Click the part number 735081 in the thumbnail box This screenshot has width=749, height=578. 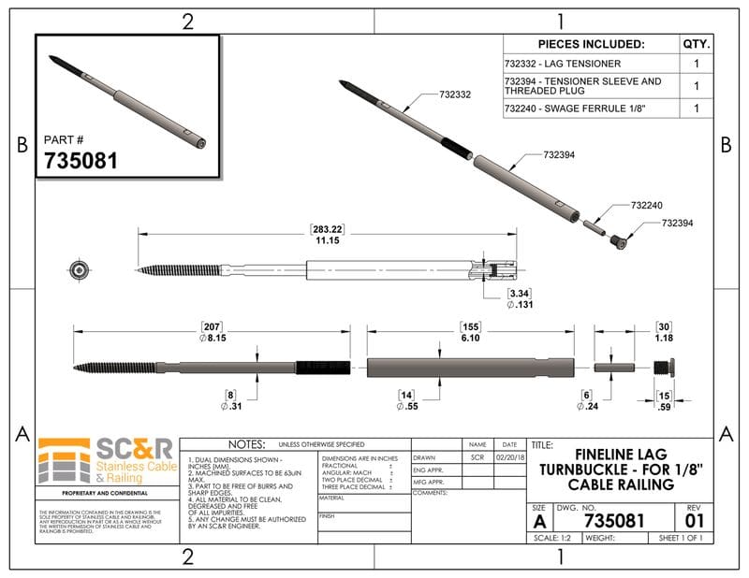click(x=81, y=160)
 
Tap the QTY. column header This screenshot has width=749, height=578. click(x=697, y=44)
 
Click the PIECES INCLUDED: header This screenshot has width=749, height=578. click(x=591, y=44)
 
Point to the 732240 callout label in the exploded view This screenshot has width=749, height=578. click(x=647, y=205)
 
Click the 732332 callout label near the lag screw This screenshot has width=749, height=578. click(x=455, y=94)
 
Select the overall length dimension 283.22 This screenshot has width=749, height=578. click(x=327, y=229)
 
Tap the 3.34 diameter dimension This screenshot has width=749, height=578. click(x=521, y=293)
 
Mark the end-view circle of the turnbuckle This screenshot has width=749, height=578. click(x=79, y=269)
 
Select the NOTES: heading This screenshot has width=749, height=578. click(x=247, y=444)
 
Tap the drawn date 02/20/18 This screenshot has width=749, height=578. click(x=509, y=458)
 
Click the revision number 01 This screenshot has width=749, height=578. click(x=694, y=519)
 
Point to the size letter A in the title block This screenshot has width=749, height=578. click(x=538, y=520)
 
